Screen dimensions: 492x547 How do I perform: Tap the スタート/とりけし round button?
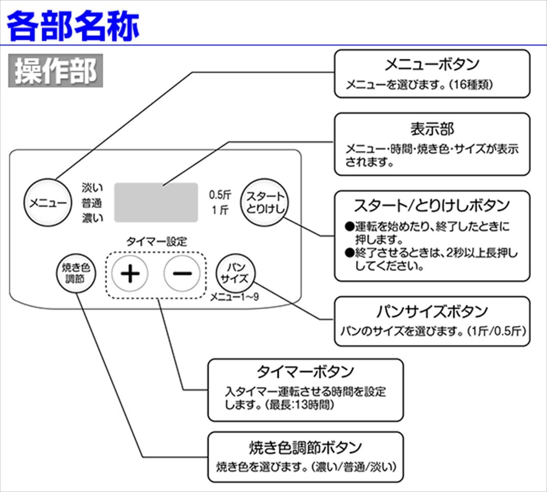coord(264,202)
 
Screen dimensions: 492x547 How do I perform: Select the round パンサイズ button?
coord(235,273)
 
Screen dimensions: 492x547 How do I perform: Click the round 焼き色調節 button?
coord(75,273)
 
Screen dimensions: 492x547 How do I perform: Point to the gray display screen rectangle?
coord(156,203)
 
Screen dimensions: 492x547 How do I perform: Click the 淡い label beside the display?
coord(92,188)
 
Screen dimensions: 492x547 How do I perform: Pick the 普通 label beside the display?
coord(92,203)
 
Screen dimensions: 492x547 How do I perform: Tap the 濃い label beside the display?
coord(92,218)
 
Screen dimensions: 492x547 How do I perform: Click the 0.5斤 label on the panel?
coord(220,195)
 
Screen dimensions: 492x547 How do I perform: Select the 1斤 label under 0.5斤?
coord(220,210)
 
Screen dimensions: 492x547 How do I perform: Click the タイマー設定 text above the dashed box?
coord(156,242)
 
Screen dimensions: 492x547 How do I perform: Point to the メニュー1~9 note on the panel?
coord(234,297)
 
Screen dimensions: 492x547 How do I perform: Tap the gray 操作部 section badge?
coord(55,71)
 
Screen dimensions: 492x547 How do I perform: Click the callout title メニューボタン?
coord(432,65)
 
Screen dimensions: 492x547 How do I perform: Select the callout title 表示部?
coord(432,129)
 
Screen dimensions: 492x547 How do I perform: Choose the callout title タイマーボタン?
coord(305,372)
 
